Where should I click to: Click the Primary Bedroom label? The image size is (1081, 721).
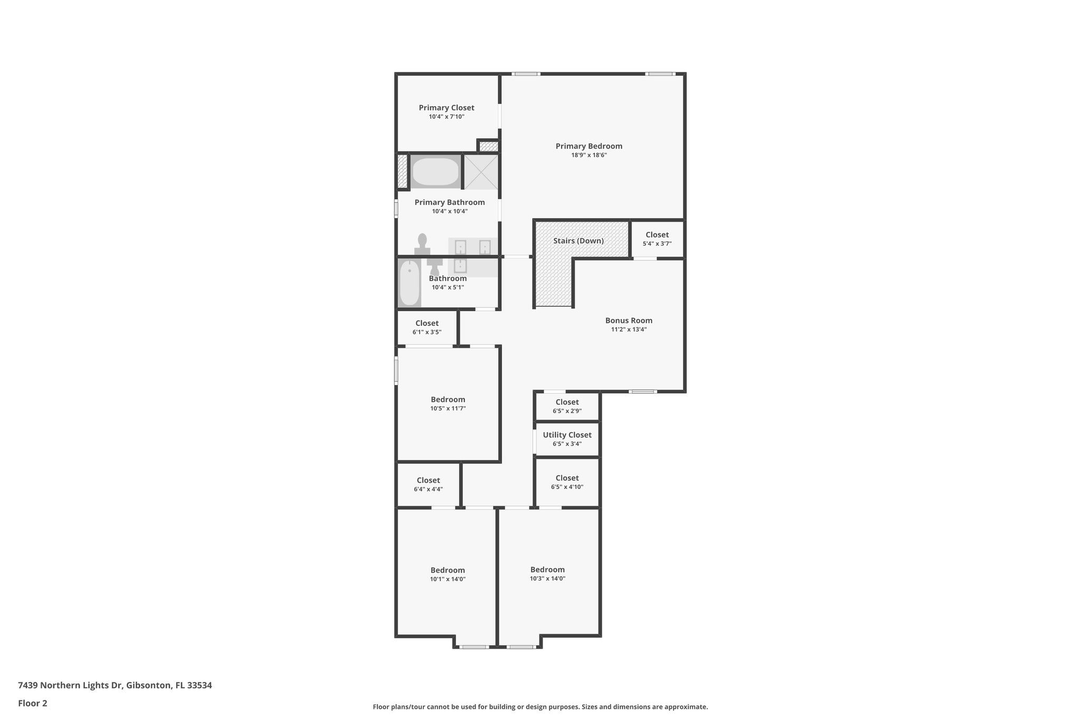(x=589, y=146)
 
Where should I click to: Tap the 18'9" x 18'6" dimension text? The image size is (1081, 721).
(x=589, y=155)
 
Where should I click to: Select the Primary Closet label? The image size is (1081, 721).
(x=447, y=108)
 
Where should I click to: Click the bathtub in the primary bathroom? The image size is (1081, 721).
(x=435, y=171)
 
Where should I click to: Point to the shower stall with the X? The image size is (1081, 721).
(x=481, y=171)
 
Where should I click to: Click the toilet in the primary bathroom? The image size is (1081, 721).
(x=422, y=244)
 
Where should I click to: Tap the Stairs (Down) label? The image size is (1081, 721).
(x=579, y=241)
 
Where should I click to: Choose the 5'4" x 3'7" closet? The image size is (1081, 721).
(x=657, y=239)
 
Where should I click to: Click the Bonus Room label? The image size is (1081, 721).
(x=629, y=321)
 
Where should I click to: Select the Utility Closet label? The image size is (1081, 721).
(x=567, y=435)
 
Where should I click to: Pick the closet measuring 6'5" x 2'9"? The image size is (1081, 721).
(x=567, y=406)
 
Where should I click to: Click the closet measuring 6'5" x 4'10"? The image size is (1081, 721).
(x=567, y=482)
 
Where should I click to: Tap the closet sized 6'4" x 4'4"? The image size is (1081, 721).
(x=428, y=484)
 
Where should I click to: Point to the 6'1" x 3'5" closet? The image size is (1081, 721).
(x=427, y=327)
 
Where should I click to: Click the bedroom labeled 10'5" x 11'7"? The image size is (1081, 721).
(x=448, y=404)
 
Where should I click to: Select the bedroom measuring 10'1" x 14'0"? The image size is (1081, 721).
(x=448, y=574)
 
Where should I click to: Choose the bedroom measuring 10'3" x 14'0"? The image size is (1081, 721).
(x=547, y=574)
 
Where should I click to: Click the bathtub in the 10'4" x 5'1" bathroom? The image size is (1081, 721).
(x=409, y=283)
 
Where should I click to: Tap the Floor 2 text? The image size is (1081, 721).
(x=33, y=703)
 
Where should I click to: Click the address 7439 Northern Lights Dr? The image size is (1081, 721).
(x=115, y=685)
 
